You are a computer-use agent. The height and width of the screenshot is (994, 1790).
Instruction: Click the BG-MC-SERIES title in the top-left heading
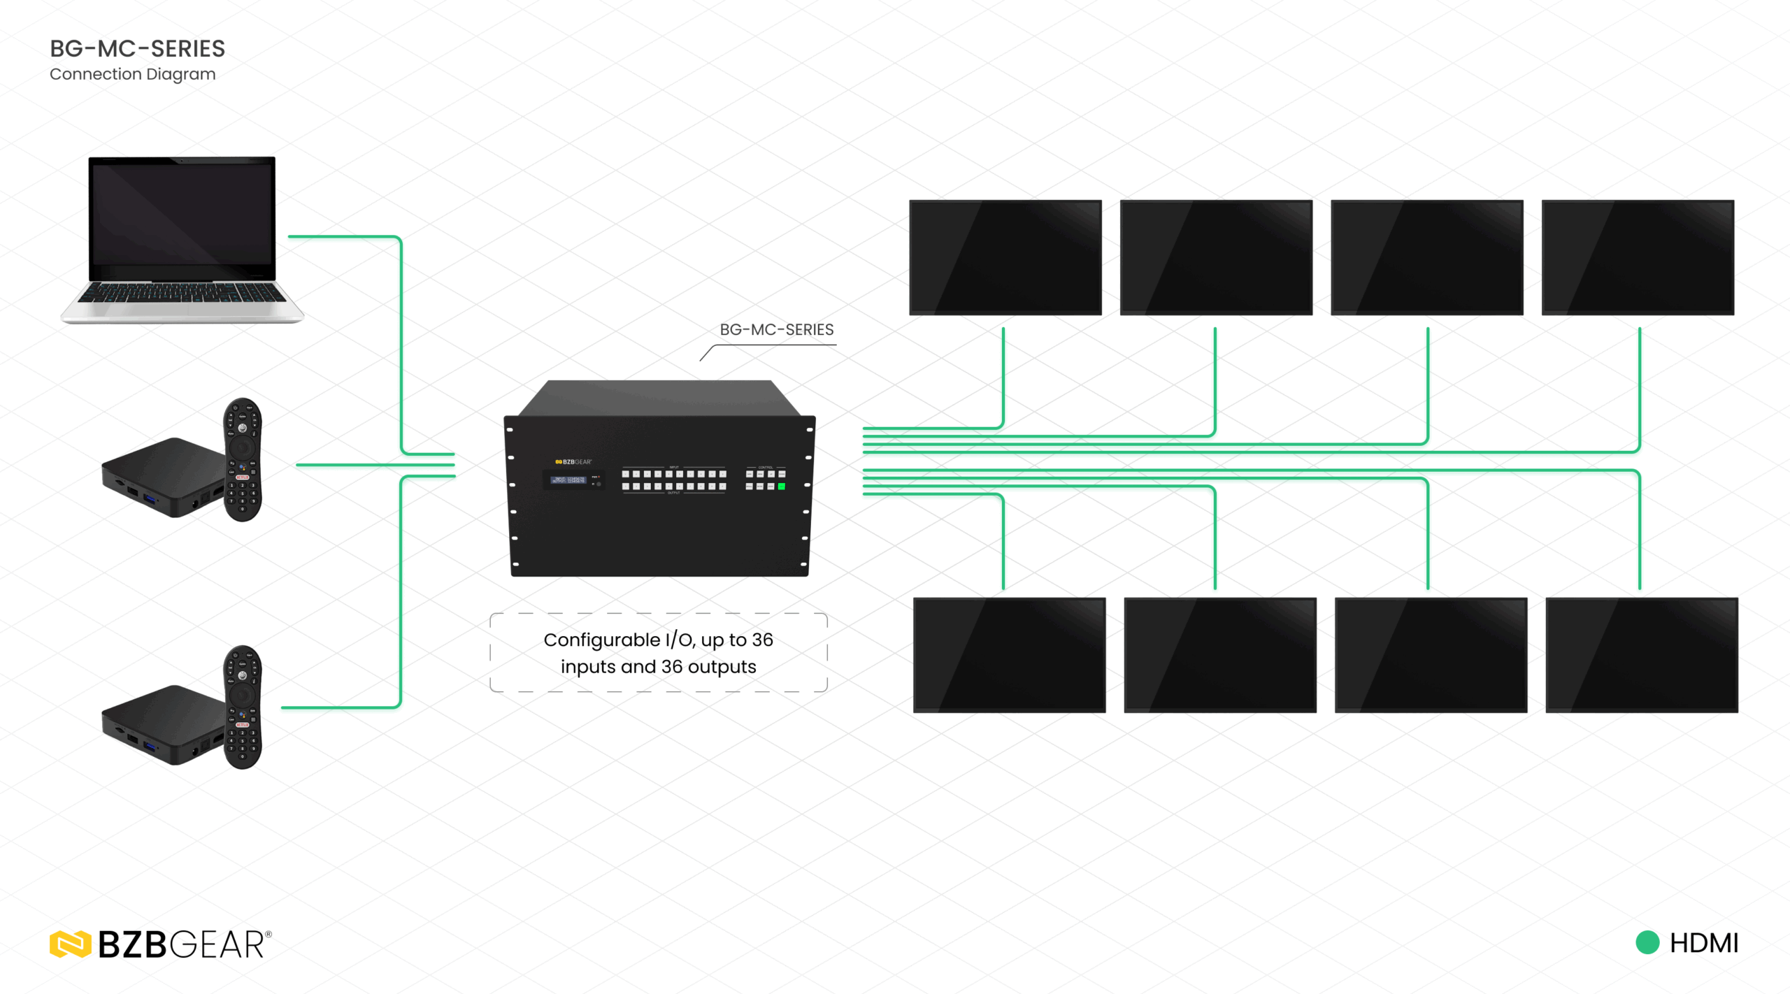(x=137, y=48)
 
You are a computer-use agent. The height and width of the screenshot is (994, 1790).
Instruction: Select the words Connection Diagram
(x=132, y=74)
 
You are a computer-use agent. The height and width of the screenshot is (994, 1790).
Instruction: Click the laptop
(x=182, y=238)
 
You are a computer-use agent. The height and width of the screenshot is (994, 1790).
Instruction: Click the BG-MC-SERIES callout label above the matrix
(x=776, y=329)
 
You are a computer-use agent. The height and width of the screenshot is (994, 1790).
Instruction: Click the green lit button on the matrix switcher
(x=782, y=487)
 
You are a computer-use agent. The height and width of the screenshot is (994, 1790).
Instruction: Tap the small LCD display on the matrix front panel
(x=568, y=480)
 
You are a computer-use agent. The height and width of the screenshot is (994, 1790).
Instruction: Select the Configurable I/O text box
(x=658, y=653)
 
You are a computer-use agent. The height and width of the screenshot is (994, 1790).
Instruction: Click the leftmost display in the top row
(x=1005, y=257)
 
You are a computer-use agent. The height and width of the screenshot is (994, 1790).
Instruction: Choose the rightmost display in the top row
(x=1638, y=257)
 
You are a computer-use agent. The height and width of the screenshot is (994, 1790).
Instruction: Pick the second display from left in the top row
(x=1216, y=257)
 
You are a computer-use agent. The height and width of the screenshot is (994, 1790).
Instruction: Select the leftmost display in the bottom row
(x=1009, y=655)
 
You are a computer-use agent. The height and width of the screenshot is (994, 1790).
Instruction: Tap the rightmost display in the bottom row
(x=1642, y=655)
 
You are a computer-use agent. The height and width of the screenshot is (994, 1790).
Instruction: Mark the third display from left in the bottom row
(x=1431, y=655)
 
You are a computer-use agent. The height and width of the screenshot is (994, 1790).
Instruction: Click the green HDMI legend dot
(x=1647, y=942)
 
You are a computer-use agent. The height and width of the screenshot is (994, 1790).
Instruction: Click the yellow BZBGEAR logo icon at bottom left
(x=70, y=944)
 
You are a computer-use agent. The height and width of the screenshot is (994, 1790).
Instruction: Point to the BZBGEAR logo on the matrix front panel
(x=573, y=462)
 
